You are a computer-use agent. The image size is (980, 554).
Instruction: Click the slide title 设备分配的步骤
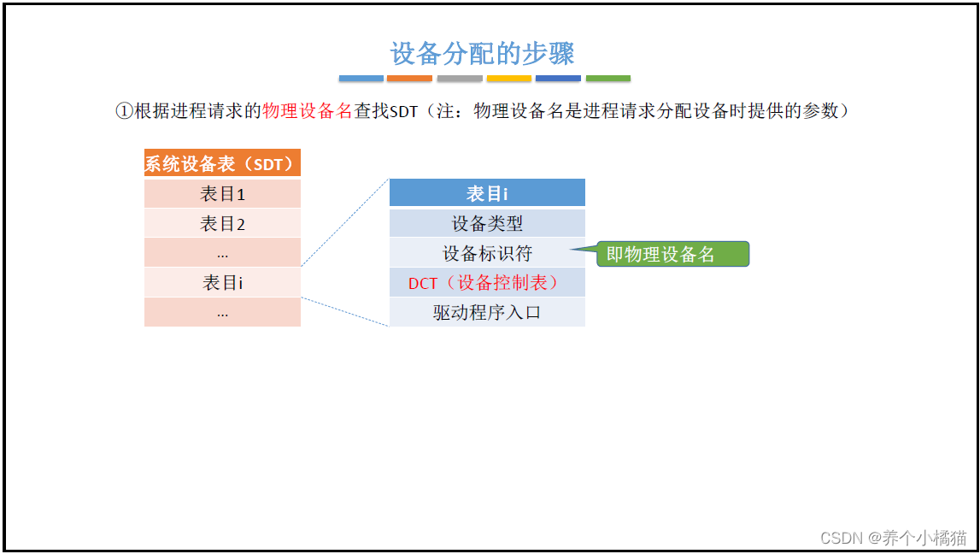coord(483,53)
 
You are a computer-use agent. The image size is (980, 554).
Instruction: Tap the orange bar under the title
coord(409,79)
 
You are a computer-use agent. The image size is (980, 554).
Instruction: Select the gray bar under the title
coord(460,79)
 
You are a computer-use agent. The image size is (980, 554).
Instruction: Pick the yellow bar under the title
coord(509,79)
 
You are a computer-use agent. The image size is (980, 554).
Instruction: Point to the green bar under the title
coord(608,79)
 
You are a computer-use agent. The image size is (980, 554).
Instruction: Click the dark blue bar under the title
coord(558,79)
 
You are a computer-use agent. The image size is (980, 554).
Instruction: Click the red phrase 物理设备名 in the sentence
coord(308,111)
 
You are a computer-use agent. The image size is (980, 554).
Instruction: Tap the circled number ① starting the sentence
coord(124,111)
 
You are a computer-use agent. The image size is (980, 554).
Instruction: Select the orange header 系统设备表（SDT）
coord(222,163)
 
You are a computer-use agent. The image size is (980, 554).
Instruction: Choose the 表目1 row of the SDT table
coord(222,194)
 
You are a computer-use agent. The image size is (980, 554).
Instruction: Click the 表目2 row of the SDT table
coord(222,224)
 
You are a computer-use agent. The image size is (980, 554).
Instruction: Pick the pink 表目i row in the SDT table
coord(222,282)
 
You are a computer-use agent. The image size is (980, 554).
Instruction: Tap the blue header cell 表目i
coord(487,193)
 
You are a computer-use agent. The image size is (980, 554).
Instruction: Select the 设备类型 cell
coord(487,224)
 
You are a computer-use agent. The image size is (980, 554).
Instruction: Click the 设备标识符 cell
coord(487,254)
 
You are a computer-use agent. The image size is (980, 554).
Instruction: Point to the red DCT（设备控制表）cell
coord(487,283)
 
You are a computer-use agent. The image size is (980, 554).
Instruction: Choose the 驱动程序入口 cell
coord(487,312)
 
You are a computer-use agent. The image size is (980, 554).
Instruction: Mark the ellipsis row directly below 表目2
coord(222,253)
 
